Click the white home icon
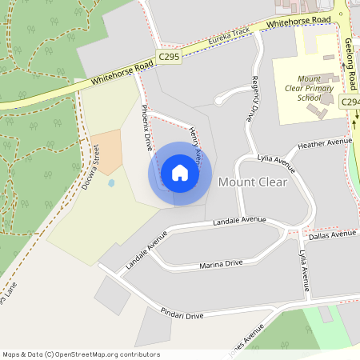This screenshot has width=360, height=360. (x=180, y=173)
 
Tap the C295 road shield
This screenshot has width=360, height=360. (x=168, y=57)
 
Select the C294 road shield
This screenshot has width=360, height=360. (x=350, y=102)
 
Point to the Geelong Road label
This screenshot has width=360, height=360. (x=350, y=65)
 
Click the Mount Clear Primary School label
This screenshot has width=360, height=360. (x=298, y=88)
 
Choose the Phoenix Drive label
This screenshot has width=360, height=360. (x=147, y=127)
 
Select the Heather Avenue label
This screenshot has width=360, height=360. (x=324, y=144)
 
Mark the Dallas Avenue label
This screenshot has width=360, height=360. (x=332, y=235)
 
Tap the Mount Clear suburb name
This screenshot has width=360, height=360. (x=252, y=182)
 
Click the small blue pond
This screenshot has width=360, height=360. (x=110, y=182)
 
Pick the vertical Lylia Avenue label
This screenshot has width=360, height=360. (x=304, y=269)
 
